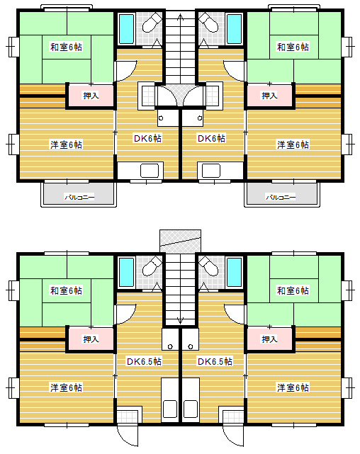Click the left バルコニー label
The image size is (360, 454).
pyautogui.click(x=79, y=198)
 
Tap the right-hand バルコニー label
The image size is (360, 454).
pyautogui.click(x=281, y=198)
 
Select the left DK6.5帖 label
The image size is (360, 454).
pyautogui.click(x=144, y=361)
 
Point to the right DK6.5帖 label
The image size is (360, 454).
pyautogui.click(x=215, y=361)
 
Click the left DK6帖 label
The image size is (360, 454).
pyautogui.click(x=147, y=138)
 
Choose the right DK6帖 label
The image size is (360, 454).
pyautogui.click(x=211, y=138)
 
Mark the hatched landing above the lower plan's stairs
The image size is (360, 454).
pyautogui.click(x=180, y=241)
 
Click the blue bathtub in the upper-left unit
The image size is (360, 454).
pyautogui.click(x=127, y=29)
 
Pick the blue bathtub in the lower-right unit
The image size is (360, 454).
pyautogui.click(x=234, y=273)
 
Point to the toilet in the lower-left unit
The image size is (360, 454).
pyautogui.click(x=152, y=266)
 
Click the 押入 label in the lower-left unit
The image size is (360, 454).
pyautogui.click(x=91, y=339)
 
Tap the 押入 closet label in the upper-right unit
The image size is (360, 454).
pyautogui.click(x=269, y=95)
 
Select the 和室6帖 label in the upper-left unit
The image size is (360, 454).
pyautogui.click(x=67, y=47)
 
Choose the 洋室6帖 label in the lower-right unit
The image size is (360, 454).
pyautogui.click(x=293, y=387)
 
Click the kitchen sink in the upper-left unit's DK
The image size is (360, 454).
pyautogui.click(x=150, y=171)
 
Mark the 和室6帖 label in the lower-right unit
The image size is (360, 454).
pyautogui.click(x=293, y=290)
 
